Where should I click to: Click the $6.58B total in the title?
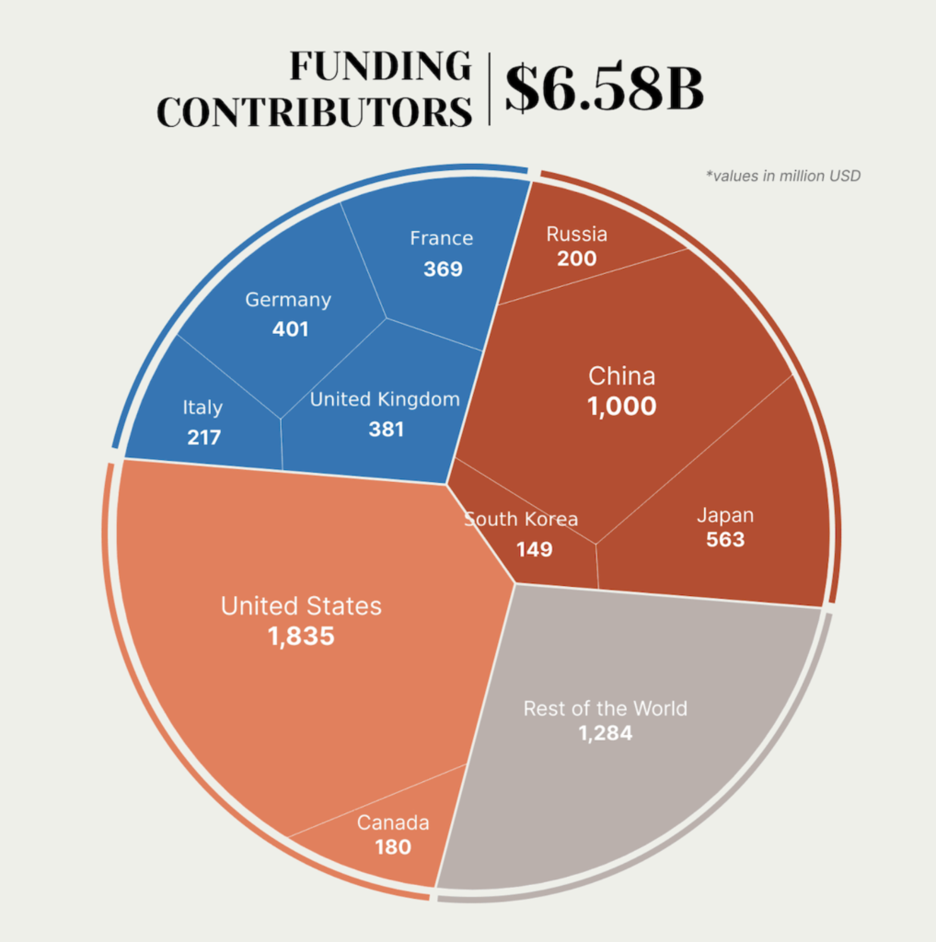click(605, 89)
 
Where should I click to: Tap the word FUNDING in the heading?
click(379, 66)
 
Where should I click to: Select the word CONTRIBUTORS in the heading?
click(314, 111)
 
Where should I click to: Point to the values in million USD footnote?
click(783, 175)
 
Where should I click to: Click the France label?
click(442, 238)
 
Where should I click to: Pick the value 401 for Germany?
click(291, 328)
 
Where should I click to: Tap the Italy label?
click(202, 408)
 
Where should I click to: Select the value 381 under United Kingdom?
click(386, 429)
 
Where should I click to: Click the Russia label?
click(577, 234)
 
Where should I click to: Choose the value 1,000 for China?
click(622, 406)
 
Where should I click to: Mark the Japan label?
click(725, 514)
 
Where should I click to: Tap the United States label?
click(301, 606)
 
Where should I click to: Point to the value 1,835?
click(301, 636)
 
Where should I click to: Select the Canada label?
click(393, 822)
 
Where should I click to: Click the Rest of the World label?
click(606, 708)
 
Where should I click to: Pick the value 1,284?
click(606, 733)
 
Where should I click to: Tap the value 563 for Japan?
click(725, 539)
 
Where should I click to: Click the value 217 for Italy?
click(203, 436)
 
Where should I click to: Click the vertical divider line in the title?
click(489, 88)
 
